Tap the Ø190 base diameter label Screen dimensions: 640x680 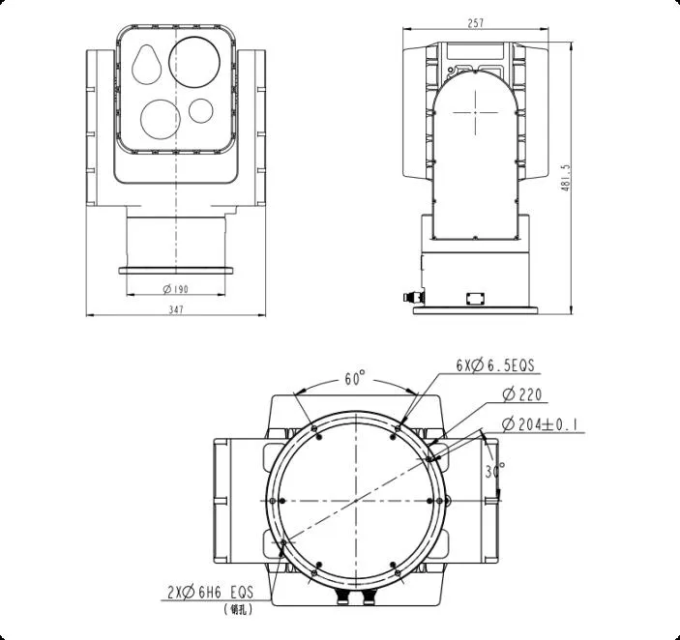click(x=176, y=289)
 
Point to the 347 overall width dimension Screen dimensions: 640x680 click(x=175, y=309)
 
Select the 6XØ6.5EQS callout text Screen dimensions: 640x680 click(x=495, y=366)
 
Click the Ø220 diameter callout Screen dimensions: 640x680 click(x=522, y=394)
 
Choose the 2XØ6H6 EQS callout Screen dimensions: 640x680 click(x=210, y=592)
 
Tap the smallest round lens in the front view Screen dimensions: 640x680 click(x=200, y=110)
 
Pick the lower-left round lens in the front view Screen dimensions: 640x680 click(x=160, y=116)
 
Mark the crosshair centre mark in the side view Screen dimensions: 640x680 click(x=479, y=112)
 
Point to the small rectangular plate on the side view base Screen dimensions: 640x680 click(x=475, y=298)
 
